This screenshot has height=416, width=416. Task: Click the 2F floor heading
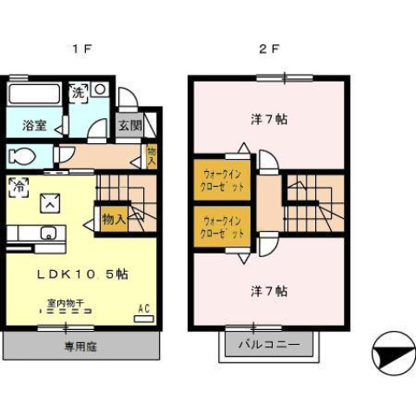tap(268, 50)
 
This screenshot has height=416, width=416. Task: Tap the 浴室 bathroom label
tap(35, 125)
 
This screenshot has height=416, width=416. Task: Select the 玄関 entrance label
tap(130, 125)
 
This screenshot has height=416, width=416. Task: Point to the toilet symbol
tap(21, 157)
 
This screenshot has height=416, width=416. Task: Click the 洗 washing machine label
tap(77, 91)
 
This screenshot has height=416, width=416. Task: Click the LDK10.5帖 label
tap(83, 274)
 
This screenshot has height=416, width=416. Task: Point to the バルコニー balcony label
tap(270, 345)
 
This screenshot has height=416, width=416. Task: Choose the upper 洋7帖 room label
tap(268, 120)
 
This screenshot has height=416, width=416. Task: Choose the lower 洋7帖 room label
tap(268, 290)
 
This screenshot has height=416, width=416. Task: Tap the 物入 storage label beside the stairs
tap(114, 219)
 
